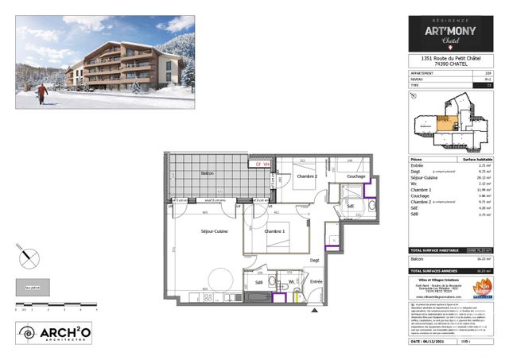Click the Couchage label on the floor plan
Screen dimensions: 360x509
[x=356, y=176]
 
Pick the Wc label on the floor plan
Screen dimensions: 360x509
[x=293, y=281]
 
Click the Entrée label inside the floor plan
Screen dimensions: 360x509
[x=317, y=281]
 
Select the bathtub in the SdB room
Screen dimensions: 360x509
[x=258, y=296]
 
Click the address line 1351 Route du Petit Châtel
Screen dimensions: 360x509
[x=449, y=58]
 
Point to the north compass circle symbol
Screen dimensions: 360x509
[x=29, y=256]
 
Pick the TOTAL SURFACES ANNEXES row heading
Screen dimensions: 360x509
[x=434, y=270]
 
